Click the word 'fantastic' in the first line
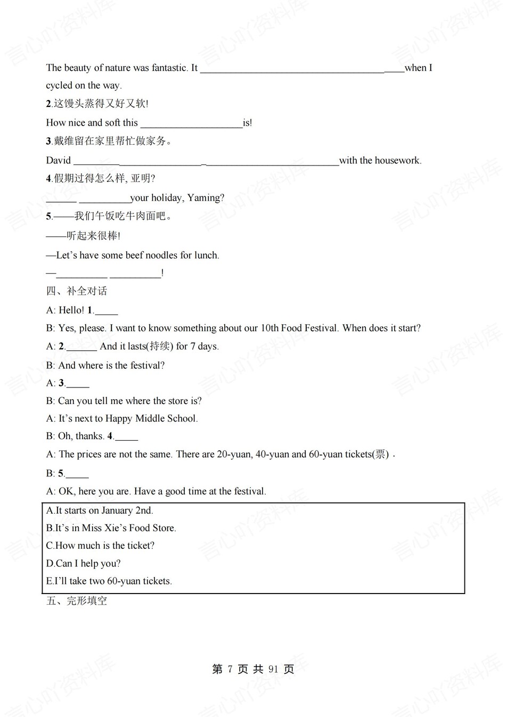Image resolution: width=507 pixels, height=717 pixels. [x=169, y=68]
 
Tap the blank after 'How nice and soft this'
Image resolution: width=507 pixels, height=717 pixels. [x=191, y=123]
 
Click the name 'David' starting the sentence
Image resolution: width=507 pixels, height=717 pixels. [x=58, y=160]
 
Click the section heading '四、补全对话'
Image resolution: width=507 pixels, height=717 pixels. [x=77, y=291]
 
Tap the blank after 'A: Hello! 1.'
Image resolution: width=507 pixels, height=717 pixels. [x=106, y=310]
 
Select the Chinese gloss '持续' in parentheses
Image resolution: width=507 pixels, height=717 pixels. [x=159, y=347]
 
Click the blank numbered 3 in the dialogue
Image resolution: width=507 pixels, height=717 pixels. [x=77, y=383]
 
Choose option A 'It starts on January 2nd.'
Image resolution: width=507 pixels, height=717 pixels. [x=100, y=510]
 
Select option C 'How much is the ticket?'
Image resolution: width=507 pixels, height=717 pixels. [x=100, y=546]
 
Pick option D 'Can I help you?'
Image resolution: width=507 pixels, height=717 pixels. [x=84, y=564]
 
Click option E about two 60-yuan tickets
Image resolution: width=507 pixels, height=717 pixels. [x=109, y=581]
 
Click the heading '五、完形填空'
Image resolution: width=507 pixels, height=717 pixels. [x=77, y=601]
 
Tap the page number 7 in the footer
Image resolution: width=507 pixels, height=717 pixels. [x=230, y=670]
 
